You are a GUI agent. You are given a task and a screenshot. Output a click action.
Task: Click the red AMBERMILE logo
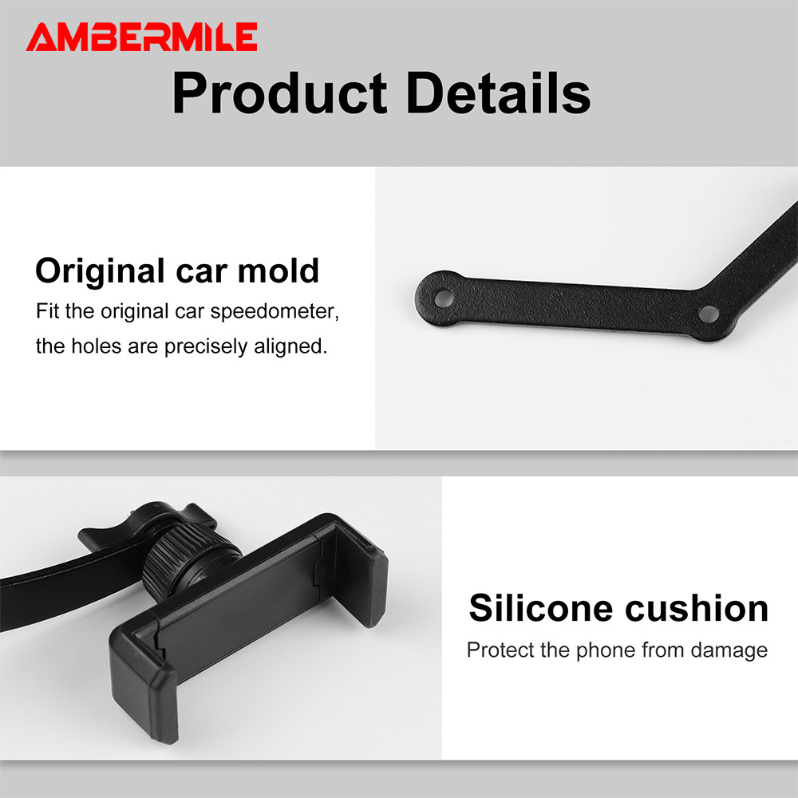coord(141,37)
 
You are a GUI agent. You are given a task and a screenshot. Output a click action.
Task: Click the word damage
coord(729,650)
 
